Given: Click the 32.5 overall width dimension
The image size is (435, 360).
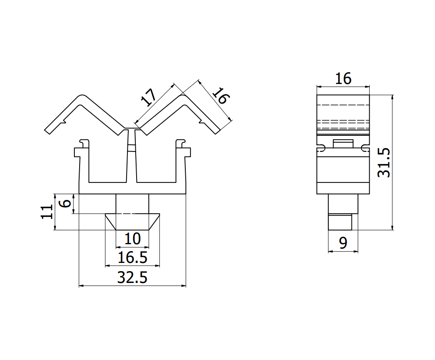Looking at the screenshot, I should [132, 277].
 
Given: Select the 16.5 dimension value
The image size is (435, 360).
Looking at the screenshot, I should [132, 258].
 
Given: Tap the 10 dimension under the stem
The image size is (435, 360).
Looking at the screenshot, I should [132, 239].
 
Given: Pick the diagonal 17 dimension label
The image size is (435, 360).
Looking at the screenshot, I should [148, 98].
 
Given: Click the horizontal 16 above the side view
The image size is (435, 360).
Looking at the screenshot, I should [343, 79].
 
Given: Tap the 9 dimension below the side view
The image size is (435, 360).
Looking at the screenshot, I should [343, 243].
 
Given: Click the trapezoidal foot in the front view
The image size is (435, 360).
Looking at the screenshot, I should [132, 222].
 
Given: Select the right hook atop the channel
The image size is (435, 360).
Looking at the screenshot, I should [181, 142].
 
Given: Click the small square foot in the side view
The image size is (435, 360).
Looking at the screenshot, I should [340, 222].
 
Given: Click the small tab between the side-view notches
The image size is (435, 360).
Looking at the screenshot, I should [343, 144].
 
